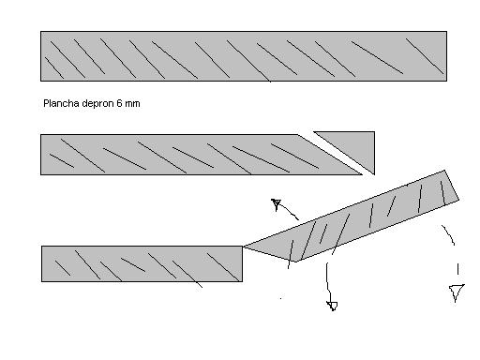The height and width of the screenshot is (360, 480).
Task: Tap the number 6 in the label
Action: (x=119, y=103)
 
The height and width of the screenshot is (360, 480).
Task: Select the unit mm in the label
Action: (x=132, y=104)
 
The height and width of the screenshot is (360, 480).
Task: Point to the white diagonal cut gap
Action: (x=336, y=153)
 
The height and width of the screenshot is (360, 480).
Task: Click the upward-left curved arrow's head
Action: (x=276, y=204)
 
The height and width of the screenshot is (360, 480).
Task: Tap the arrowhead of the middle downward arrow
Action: (x=332, y=306)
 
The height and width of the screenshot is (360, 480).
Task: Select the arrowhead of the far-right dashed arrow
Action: (x=457, y=292)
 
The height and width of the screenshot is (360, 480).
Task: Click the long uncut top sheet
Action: (x=244, y=56)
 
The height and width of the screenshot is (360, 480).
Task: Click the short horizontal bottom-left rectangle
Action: (x=142, y=263)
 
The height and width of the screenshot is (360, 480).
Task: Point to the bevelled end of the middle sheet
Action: (x=330, y=155)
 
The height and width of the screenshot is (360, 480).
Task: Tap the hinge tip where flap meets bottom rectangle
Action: (x=243, y=247)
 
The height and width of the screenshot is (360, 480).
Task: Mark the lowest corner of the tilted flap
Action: (x=295, y=262)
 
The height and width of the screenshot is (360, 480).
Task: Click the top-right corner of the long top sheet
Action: (x=446, y=31)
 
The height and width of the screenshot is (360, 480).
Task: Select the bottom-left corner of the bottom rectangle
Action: (x=41, y=281)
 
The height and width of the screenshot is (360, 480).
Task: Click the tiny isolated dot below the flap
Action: (x=280, y=298)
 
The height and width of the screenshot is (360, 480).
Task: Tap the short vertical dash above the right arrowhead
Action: (x=457, y=269)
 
